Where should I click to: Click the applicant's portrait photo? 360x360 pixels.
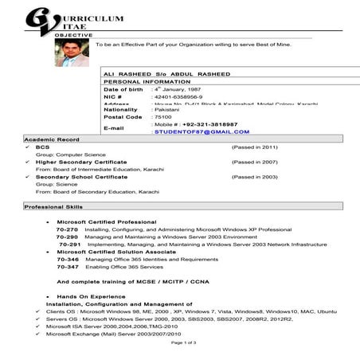[71, 53]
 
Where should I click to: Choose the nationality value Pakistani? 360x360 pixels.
[167, 110]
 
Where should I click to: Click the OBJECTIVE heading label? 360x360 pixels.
[73, 36]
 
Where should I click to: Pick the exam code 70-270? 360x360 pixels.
[67, 229]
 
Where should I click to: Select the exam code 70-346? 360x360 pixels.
[67, 260]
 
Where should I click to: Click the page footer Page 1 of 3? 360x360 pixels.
[183, 342]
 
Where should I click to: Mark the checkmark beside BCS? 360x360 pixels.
[27, 147]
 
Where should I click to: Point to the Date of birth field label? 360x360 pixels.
[124, 88]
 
